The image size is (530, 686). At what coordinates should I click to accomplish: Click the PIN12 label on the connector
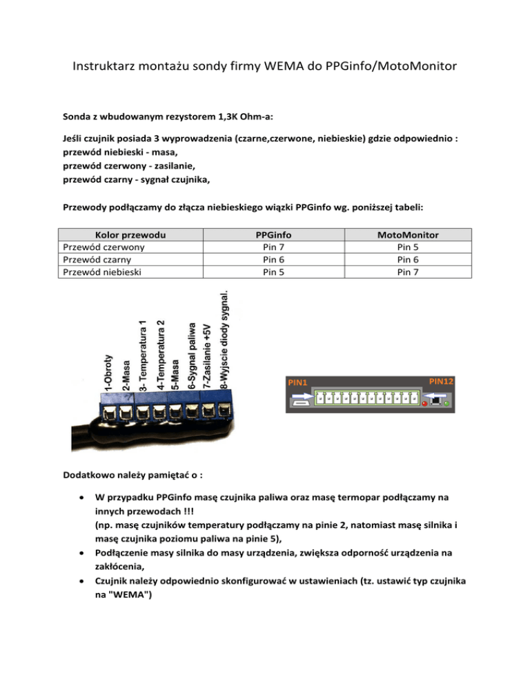click(442, 381)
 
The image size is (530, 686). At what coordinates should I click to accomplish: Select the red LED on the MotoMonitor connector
click(424, 403)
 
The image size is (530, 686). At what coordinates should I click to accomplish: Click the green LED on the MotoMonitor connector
click(446, 403)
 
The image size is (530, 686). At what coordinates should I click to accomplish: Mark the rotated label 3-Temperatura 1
click(143, 355)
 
